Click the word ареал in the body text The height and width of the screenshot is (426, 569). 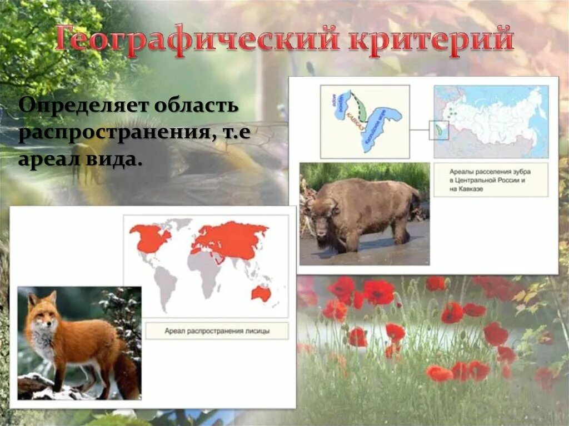click(x=48, y=159)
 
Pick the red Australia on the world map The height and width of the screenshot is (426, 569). click(x=261, y=293)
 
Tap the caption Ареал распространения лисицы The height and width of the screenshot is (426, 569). click(x=217, y=331)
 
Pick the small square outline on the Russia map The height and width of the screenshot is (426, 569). click(x=438, y=130)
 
